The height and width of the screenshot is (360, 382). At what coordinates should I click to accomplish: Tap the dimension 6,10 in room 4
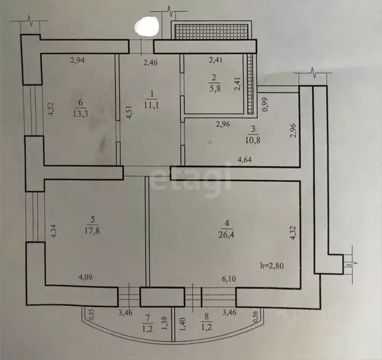tap(229, 279)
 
